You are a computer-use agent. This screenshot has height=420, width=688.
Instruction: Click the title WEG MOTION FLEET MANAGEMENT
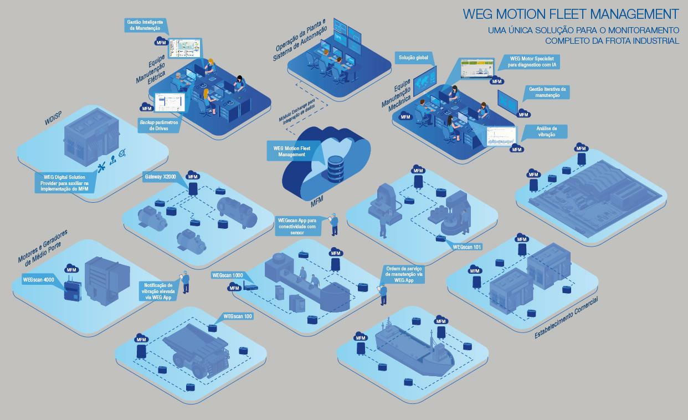coord(571,13)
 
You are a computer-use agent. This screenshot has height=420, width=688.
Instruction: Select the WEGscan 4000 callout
coord(39,280)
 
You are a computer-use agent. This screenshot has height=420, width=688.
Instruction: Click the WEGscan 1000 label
coord(227,275)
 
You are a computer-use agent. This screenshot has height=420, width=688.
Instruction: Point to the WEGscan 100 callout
coord(238,316)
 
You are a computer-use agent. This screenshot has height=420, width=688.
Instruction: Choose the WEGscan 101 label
coord(466,247)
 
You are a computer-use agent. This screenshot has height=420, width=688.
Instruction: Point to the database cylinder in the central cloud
coord(335,169)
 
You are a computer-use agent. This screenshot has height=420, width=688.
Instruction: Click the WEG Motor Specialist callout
coord(535,62)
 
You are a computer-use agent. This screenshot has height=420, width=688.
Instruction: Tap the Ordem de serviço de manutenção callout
coord(404,274)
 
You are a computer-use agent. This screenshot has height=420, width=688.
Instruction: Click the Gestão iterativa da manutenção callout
coord(548,92)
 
